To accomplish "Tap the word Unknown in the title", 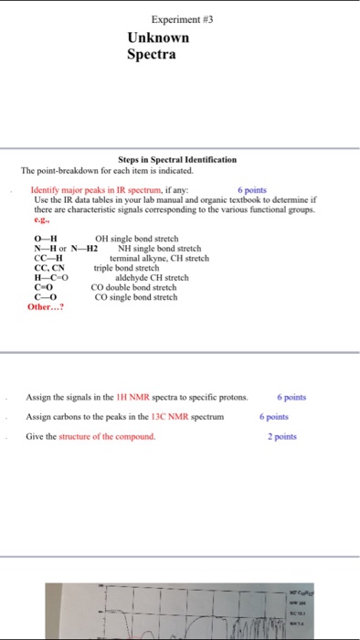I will pos(158,38).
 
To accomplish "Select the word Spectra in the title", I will pos(151,54).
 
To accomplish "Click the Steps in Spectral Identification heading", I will pos(177,159).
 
